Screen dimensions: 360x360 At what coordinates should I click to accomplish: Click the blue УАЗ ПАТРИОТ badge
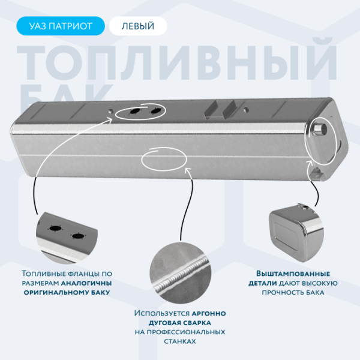coord(61,26)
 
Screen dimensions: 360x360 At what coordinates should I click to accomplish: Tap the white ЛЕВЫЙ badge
coord(138,26)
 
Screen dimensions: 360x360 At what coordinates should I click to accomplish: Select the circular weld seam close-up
coord(181,273)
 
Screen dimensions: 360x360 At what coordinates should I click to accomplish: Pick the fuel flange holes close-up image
coord(67,237)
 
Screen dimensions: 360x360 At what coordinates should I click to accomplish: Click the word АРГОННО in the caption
coord(209,313)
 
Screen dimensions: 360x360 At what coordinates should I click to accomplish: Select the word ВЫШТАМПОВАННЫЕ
coord(293,274)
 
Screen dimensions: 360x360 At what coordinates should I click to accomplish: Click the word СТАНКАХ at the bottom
coord(180,341)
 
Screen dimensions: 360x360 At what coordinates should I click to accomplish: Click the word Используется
coord(162,313)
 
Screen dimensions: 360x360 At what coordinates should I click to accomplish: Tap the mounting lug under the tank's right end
coord(317,173)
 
